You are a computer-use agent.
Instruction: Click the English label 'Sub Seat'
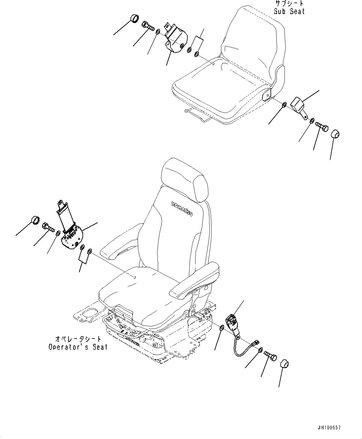[x=289, y=12]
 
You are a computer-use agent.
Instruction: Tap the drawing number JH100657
[x=329, y=428]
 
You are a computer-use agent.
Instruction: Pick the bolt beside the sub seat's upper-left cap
[x=148, y=26]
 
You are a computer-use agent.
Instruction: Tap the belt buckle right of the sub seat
[x=299, y=104]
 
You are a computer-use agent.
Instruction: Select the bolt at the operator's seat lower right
[x=270, y=356]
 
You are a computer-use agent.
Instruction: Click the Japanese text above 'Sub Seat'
[x=289, y=4]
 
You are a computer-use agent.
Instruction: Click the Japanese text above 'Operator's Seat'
[x=78, y=339]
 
